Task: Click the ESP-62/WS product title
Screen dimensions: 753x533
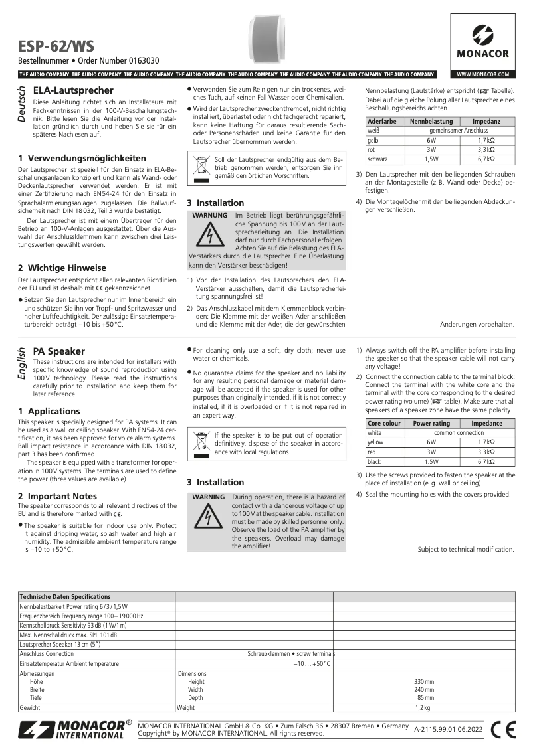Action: pyautogui.click(x=56, y=46)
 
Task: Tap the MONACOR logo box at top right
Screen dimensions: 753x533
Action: pyautogui.click(x=482, y=41)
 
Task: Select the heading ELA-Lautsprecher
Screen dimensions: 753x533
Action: pyautogui.click(x=73, y=90)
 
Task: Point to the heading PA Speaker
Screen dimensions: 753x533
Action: pyautogui.click(x=59, y=351)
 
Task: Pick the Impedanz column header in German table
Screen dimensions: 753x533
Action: pyautogui.click(x=486, y=122)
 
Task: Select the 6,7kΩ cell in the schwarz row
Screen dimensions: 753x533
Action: pyautogui.click(x=486, y=159)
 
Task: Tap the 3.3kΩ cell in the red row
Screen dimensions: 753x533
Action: pyautogui.click(x=487, y=452)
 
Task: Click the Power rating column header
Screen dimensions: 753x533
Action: pyautogui.click(x=431, y=423)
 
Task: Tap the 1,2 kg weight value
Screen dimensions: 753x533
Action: pyautogui.click(x=423, y=708)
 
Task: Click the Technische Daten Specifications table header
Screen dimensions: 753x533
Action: pyautogui.click(x=65, y=596)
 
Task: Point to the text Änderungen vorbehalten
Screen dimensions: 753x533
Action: pyautogui.click(x=477, y=324)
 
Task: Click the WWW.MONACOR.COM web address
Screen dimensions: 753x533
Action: pyautogui.click(x=482, y=74)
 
